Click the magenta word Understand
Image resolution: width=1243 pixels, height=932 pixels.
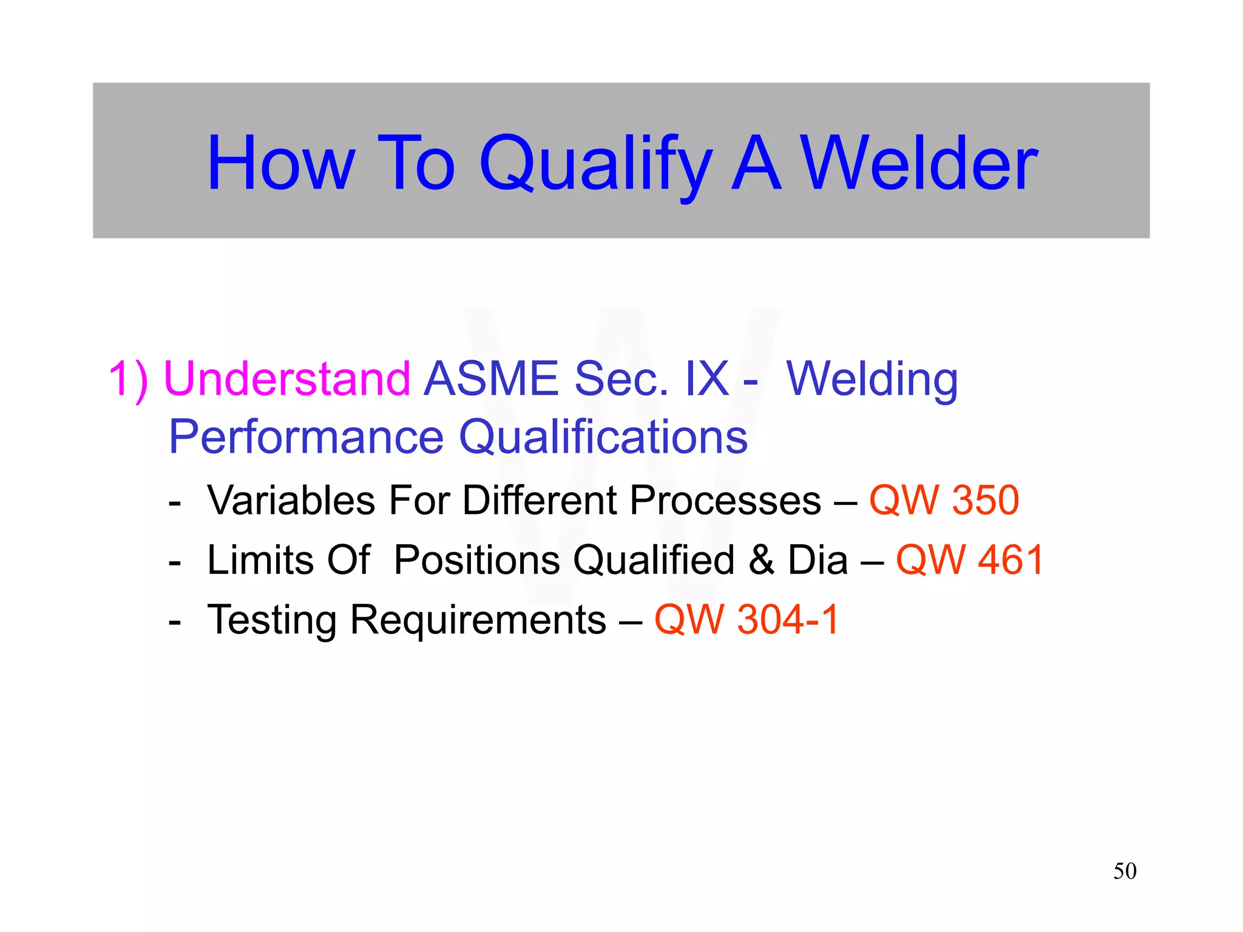287,378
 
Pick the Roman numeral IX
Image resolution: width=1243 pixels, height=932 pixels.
706,378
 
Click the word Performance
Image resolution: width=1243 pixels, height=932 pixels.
307,436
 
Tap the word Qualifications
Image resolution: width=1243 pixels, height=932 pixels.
603,436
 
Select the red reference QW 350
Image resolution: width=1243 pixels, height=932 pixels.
944,501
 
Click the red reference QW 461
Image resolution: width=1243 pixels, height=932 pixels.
969,559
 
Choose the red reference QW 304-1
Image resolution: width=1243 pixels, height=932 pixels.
747,620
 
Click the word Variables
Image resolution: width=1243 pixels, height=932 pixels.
291,501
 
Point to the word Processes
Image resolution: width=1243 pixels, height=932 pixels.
725,501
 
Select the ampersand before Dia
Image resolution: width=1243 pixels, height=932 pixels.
761,559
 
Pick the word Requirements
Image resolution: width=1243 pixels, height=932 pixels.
478,620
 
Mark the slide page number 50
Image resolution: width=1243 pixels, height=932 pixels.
1125,871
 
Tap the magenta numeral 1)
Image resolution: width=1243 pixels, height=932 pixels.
128,378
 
